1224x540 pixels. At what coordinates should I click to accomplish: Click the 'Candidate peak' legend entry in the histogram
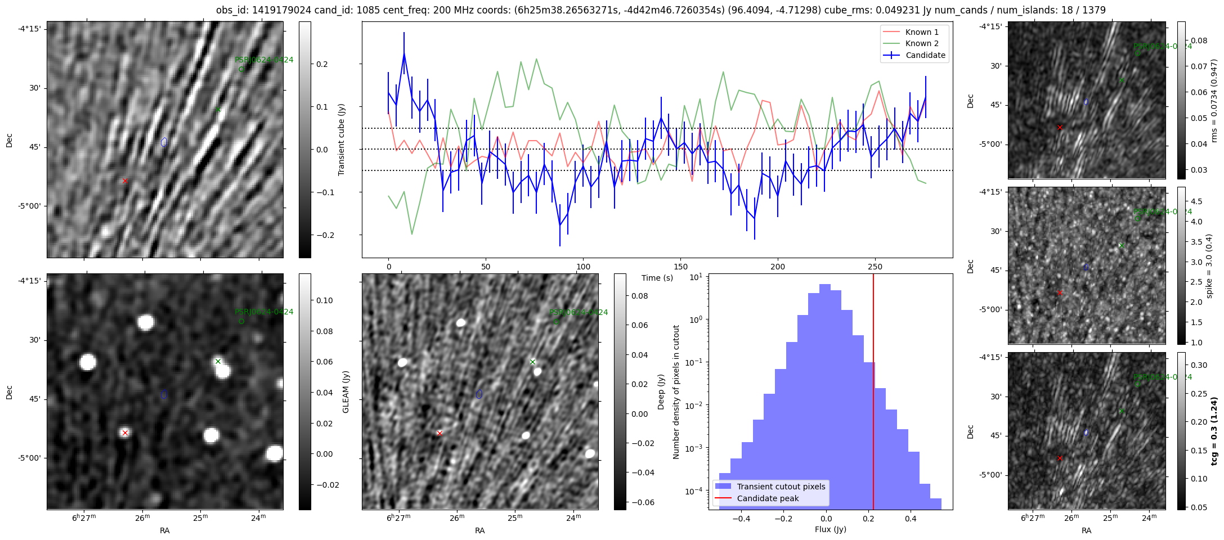(x=768, y=498)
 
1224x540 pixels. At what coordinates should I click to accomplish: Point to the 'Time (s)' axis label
(x=657, y=278)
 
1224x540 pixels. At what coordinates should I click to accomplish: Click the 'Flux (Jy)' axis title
(x=830, y=529)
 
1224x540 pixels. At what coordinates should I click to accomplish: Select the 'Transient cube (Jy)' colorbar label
(x=341, y=139)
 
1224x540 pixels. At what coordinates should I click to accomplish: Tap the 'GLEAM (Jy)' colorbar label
(x=346, y=391)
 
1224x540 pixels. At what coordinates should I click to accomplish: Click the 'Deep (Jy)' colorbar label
(x=661, y=391)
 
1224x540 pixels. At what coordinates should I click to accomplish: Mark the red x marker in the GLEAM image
(x=125, y=433)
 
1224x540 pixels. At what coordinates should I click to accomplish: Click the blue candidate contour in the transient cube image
(x=164, y=142)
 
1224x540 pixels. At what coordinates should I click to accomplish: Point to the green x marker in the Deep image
(x=532, y=362)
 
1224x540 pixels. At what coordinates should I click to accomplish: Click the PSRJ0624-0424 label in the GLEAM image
(x=263, y=312)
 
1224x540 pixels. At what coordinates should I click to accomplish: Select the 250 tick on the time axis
(x=875, y=267)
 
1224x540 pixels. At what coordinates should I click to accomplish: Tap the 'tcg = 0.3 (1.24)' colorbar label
(x=1213, y=431)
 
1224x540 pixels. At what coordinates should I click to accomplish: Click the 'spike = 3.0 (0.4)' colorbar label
(x=1209, y=266)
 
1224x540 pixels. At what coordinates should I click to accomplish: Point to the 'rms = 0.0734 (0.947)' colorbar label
(x=1213, y=101)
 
